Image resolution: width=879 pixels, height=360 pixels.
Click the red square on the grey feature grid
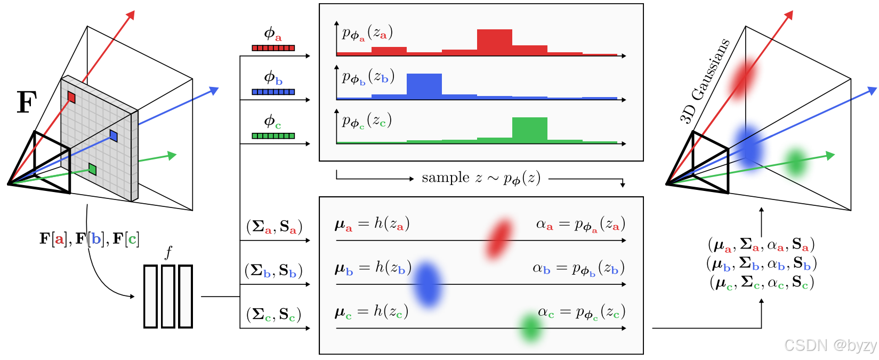click(x=71, y=97)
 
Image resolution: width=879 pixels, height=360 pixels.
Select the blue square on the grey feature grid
click(x=114, y=135)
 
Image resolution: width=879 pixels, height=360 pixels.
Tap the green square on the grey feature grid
click(x=92, y=169)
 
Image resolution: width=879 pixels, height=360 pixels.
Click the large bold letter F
click(x=27, y=102)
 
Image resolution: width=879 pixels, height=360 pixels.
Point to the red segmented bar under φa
click(x=273, y=48)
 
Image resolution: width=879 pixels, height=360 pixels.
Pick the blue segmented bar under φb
click(x=273, y=92)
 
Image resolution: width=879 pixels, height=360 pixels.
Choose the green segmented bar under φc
click(x=273, y=136)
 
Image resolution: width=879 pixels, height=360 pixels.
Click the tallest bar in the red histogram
click(x=494, y=42)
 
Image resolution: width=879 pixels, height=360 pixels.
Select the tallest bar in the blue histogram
click(x=424, y=85)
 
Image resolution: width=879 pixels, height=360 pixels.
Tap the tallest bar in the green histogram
click(x=529, y=130)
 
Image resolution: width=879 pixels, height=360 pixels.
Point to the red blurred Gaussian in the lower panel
click(x=499, y=238)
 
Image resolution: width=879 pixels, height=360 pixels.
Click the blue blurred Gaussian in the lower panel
click(x=428, y=284)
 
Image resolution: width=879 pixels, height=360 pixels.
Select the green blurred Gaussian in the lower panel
click(x=531, y=327)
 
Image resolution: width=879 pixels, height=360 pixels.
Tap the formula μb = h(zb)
click(x=372, y=268)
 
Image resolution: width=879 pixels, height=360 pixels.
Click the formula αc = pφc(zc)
click(x=581, y=313)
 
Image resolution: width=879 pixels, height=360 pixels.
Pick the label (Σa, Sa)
click(x=274, y=227)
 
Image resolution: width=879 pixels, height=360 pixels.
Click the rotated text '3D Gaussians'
click(x=704, y=81)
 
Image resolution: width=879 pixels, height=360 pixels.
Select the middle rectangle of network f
click(x=168, y=296)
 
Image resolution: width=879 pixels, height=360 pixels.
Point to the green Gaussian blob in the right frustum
click(x=796, y=162)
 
